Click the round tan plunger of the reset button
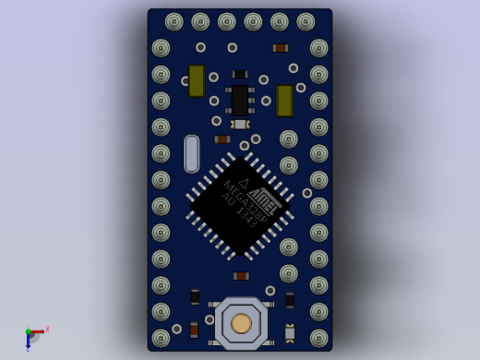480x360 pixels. coord(241,323)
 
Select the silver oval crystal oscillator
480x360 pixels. coord(191,153)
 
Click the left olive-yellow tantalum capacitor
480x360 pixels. coord(197,80)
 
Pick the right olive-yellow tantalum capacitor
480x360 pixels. coord(284,101)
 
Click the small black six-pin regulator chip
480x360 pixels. coord(240,100)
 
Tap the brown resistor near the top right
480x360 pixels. coord(280,48)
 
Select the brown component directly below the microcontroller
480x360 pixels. coord(241,276)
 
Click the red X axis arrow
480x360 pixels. coord(41,330)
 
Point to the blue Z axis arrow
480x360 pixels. coord(28,344)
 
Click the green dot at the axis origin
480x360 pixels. coord(29,331)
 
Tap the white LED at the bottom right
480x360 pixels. coord(290,332)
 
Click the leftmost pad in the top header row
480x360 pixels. coord(174,21)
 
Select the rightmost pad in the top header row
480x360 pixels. coord(306,21)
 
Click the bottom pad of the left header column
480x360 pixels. coord(161,338)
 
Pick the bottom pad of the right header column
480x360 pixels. coord(318,338)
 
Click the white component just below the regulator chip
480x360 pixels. coord(240,124)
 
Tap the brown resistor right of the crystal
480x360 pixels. coord(222,139)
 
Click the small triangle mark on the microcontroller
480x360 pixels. coord(245,184)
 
